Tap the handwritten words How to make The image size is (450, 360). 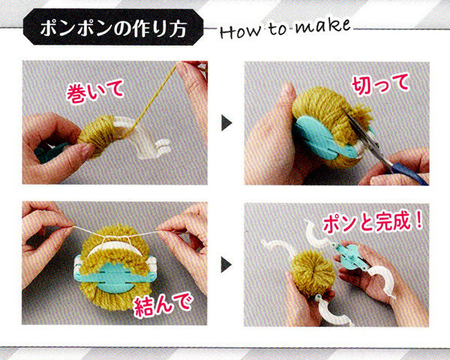tap(285, 29)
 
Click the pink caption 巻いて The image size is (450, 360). tap(95, 91)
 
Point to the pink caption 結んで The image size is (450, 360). tap(163, 305)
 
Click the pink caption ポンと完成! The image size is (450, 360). tap(373, 223)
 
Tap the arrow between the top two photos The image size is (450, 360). tap(226, 123)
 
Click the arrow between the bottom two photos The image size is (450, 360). tap(226, 265)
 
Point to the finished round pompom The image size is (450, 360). tap(313, 271)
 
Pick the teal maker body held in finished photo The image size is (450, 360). tap(352, 256)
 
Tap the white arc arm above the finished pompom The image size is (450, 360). tap(316, 234)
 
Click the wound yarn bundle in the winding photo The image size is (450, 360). tap(96, 135)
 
